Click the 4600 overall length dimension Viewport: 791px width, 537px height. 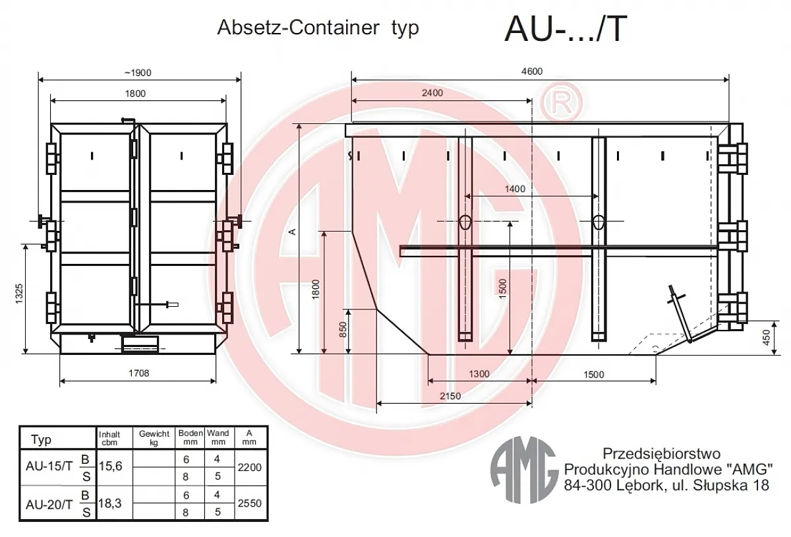coord(532,71)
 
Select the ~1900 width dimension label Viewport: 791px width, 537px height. coord(138,73)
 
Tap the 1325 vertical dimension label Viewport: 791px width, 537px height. coord(19,294)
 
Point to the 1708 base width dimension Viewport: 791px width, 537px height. coord(139,373)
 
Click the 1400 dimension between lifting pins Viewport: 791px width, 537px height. coord(515,189)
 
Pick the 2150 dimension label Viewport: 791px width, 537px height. coord(450,396)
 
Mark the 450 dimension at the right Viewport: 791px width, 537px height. coord(766,337)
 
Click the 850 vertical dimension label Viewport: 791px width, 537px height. coord(343,329)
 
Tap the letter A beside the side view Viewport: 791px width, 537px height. coord(292,232)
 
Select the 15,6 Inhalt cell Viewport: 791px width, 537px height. coord(111,466)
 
